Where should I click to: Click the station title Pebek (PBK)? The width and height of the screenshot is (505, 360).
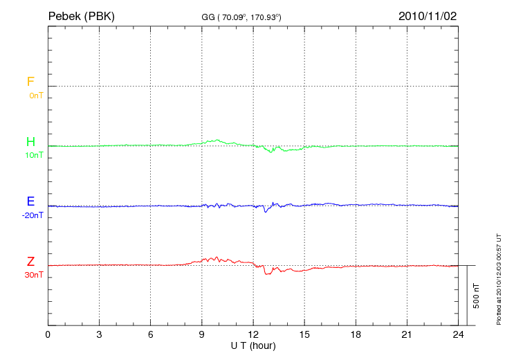[x=81, y=16]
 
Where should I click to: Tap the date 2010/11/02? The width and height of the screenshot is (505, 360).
[x=427, y=16]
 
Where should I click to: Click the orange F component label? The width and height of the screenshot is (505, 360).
[x=30, y=82]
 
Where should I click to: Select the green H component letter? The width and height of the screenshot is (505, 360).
[x=30, y=142]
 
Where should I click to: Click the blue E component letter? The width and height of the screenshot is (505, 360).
[x=30, y=201]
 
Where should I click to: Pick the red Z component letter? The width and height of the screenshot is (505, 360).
[x=30, y=262]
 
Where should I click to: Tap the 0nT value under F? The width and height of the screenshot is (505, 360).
[x=35, y=95]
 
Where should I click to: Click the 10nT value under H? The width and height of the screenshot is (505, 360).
[x=34, y=155]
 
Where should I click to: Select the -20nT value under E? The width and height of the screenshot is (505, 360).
[x=33, y=215]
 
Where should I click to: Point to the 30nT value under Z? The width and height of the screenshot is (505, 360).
[x=33, y=275]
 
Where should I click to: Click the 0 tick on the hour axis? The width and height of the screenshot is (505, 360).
[x=48, y=334]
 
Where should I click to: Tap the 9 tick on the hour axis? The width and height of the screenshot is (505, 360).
[x=202, y=334]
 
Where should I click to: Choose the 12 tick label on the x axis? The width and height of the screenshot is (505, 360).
[x=253, y=334]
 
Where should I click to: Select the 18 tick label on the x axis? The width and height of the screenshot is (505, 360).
[x=356, y=334]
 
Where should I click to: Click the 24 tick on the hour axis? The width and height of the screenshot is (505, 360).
[x=458, y=334]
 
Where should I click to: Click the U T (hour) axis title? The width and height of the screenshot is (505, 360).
[x=253, y=345]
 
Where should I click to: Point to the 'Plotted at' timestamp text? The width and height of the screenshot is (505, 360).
[x=498, y=278]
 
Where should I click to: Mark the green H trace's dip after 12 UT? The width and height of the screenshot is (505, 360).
[x=272, y=152]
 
